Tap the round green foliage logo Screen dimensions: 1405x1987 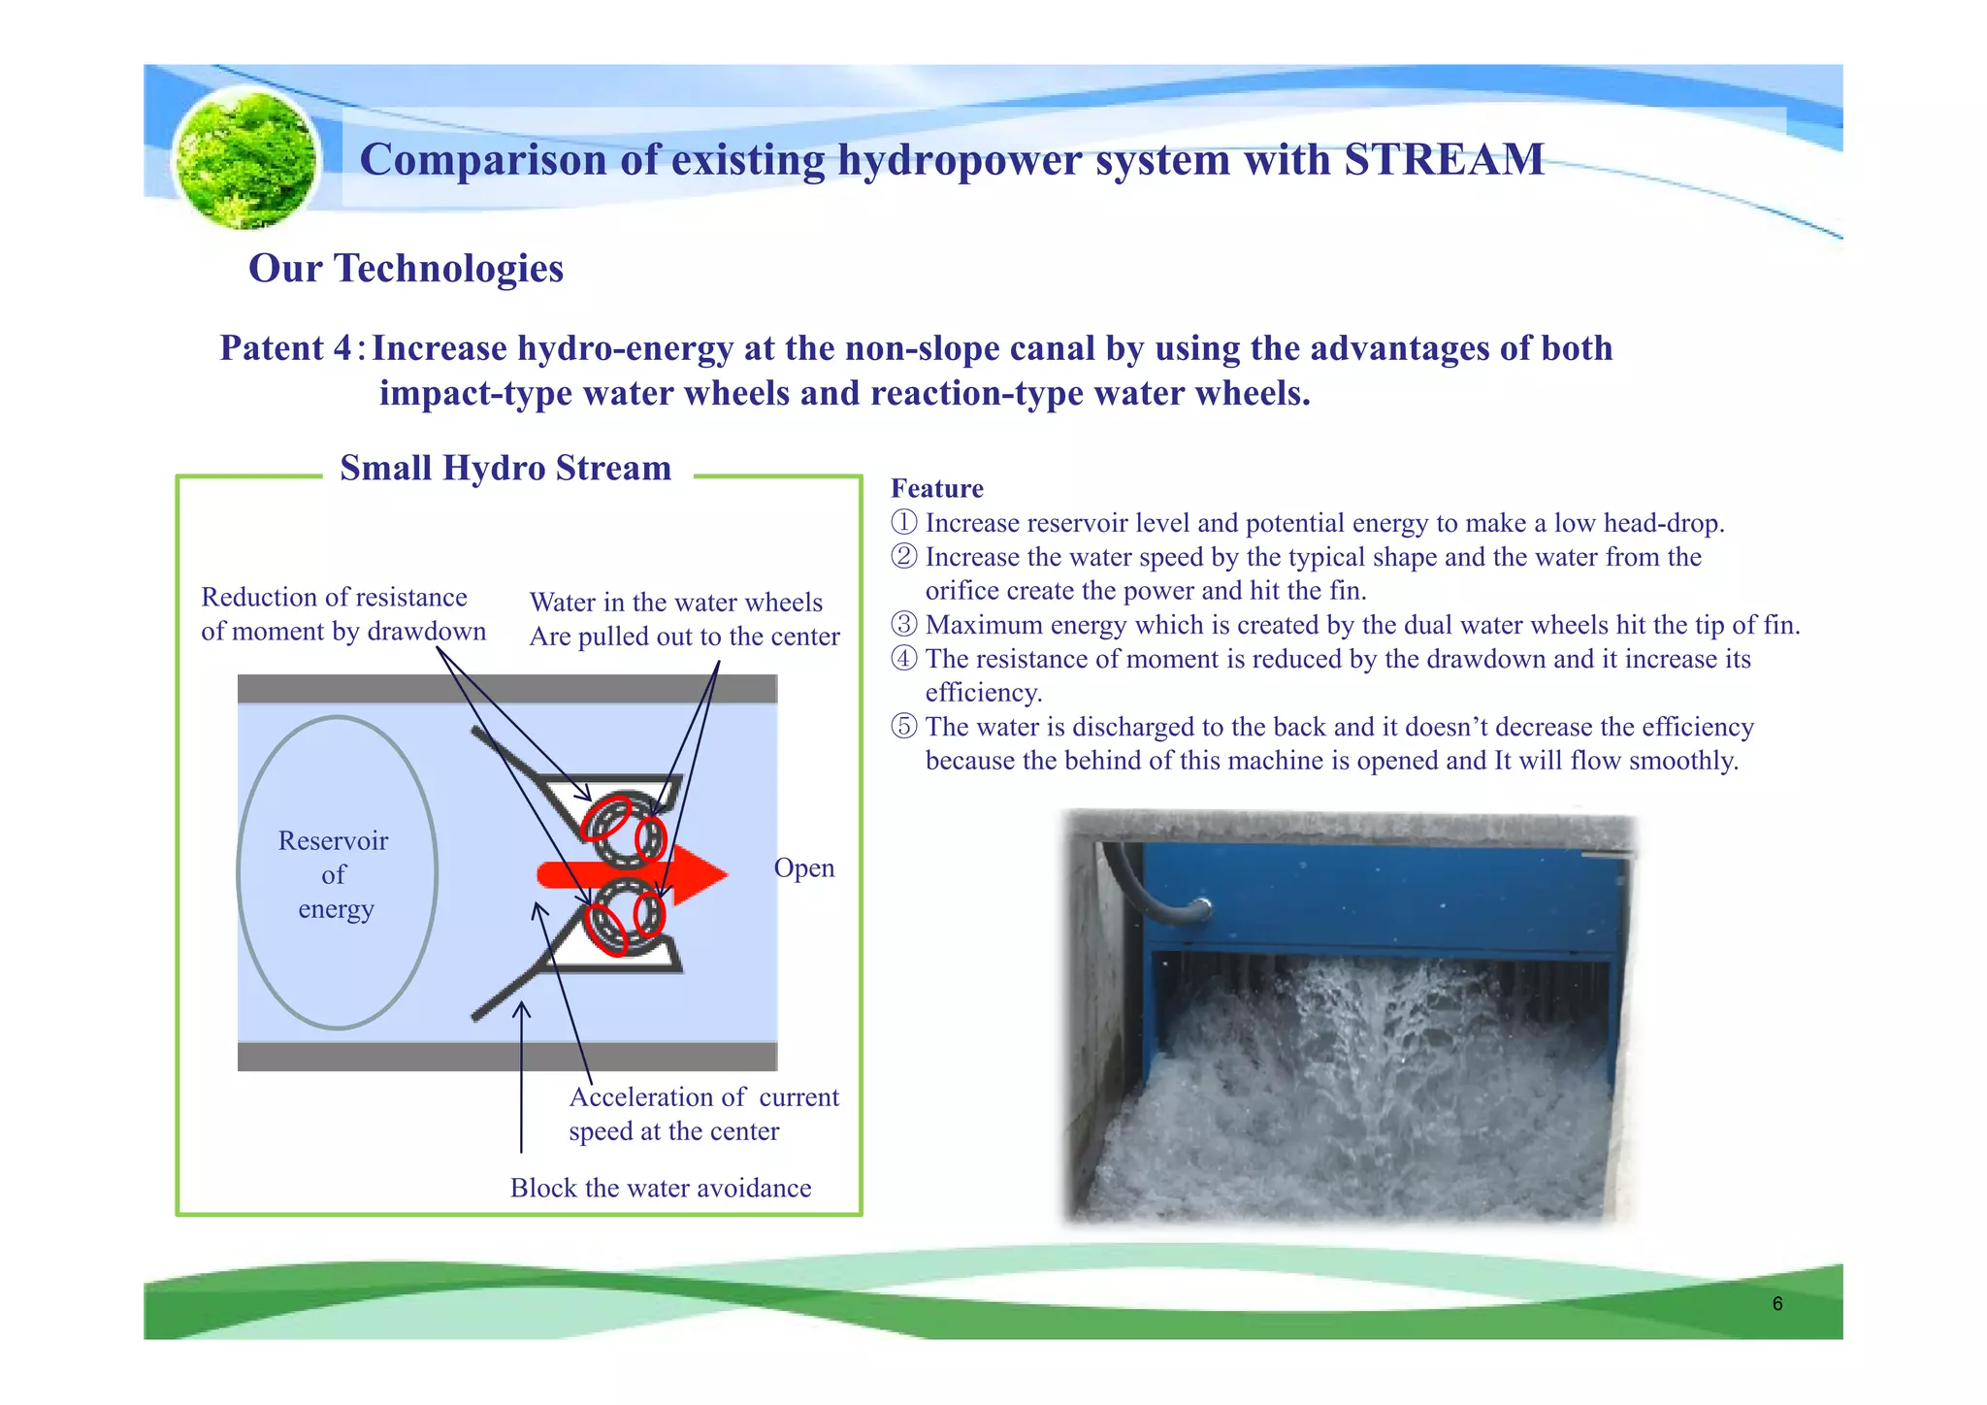[x=245, y=158]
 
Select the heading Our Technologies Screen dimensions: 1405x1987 [x=406, y=269]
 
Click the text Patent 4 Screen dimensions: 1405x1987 [x=286, y=348]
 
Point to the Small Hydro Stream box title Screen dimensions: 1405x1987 [x=505, y=469]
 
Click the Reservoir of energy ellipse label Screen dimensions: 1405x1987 [x=334, y=874]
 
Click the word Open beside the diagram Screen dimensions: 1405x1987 [x=803, y=867]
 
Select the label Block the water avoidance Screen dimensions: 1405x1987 [x=661, y=1189]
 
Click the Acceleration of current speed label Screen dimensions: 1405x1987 [x=703, y=1114]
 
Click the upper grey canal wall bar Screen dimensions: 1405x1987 [x=507, y=689]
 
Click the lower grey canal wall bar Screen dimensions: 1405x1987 [x=507, y=1057]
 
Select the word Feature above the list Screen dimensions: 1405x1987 [x=936, y=489]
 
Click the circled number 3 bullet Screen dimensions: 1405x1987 [x=903, y=625]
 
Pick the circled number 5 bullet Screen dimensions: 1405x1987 [x=903, y=727]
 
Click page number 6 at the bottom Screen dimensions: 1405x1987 [x=1776, y=1304]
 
